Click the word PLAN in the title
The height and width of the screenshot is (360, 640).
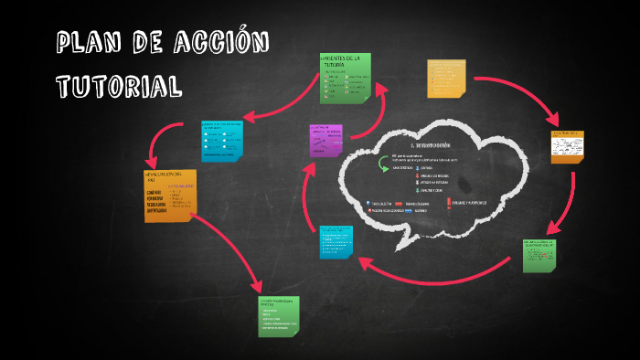tap(90, 43)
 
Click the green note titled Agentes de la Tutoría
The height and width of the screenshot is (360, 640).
tap(346, 78)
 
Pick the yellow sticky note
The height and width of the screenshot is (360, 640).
tap(446, 79)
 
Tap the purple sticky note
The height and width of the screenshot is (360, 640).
tap(325, 141)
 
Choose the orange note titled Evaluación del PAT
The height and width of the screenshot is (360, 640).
tap(169, 194)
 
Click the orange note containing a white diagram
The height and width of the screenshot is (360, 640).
tap(568, 146)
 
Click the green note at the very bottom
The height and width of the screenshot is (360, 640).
tap(278, 316)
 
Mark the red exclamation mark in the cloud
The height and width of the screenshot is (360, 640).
tap(450, 202)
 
